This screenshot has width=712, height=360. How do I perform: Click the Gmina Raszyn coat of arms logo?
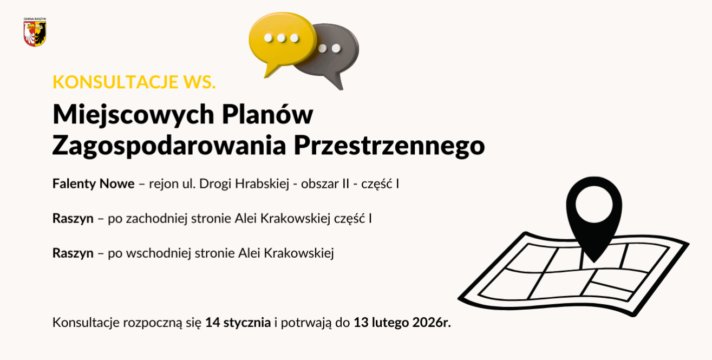(35, 33)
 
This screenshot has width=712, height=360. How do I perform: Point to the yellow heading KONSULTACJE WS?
(134, 82)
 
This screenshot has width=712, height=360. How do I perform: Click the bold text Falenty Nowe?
(93, 184)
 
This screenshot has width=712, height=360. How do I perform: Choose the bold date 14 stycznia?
(238, 323)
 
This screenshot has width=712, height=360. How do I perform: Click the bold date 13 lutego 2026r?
(402, 323)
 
